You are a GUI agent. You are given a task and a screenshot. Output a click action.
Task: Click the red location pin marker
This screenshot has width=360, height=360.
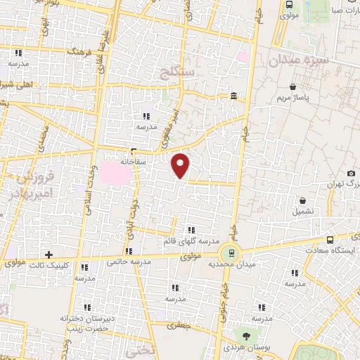[181, 165]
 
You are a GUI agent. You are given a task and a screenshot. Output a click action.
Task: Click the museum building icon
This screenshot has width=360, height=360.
[233, 96]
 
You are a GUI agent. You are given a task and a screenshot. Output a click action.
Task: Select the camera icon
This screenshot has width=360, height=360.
[351, 174]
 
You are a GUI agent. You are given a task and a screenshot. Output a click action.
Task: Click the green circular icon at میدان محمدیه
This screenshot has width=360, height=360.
[229, 252]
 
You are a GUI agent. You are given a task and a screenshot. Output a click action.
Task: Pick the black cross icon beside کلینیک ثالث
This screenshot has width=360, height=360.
[48, 254]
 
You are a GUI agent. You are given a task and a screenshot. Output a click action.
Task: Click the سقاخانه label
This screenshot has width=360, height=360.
[132, 160]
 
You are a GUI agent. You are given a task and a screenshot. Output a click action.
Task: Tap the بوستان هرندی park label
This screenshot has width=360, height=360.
[245, 348]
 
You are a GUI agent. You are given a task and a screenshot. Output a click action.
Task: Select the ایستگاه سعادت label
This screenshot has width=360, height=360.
[331, 250]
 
